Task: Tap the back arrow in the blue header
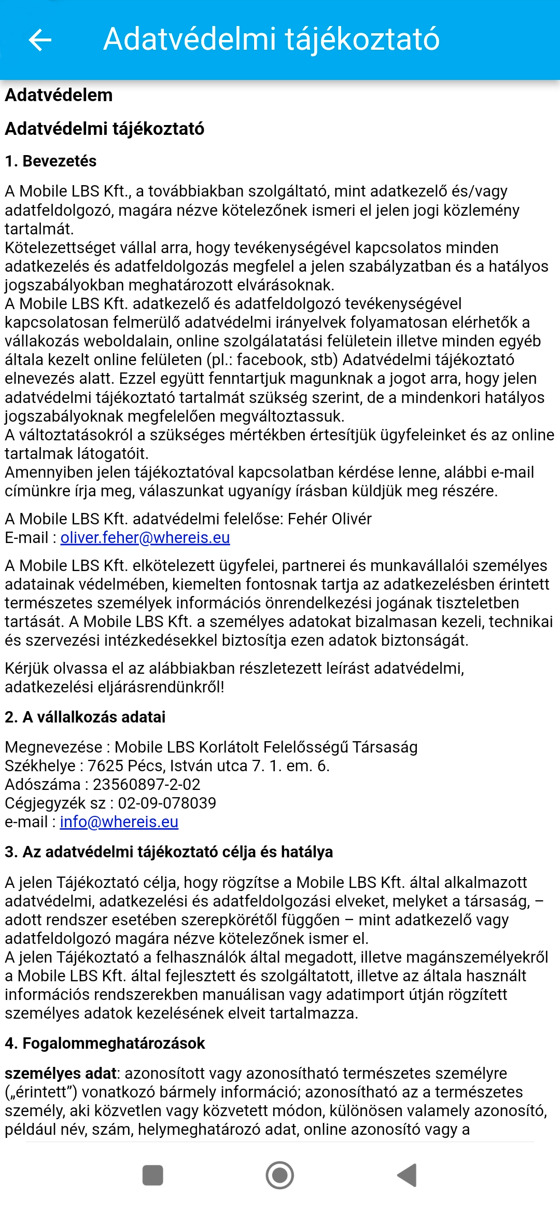coord(40,40)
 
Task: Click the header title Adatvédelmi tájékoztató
coord(271,39)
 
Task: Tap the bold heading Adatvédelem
coord(59,95)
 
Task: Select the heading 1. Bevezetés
coord(51,161)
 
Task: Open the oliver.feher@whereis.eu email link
coord(145,538)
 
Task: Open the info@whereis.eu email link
coord(119,822)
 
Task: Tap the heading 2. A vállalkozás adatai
coord(85,717)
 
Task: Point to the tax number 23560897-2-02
coord(146,785)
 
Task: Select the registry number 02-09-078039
coord(167,803)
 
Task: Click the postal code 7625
coord(105,766)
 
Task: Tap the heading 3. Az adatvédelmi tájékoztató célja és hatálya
coord(169,852)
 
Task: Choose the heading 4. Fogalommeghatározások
coord(105,1044)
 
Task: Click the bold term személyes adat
coord(61,1074)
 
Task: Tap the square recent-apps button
coord(152,1175)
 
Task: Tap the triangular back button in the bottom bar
coord(408,1175)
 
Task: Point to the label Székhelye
coord(40,766)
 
